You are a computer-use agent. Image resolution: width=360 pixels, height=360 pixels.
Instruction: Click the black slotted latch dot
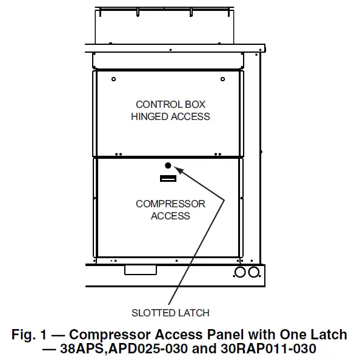click(168, 165)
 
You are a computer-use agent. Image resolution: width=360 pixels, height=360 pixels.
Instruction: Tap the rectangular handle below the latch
click(168, 178)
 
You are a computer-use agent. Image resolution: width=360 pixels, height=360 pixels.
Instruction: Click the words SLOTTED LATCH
click(170, 313)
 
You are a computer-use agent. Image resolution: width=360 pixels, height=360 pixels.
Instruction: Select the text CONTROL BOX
click(170, 105)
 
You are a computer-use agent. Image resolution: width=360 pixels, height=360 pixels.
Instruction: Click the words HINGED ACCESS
click(170, 116)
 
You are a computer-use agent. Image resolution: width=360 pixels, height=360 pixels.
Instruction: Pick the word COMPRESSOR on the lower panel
click(170, 204)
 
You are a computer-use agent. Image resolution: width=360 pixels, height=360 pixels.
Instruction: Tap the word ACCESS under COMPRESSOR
click(170, 216)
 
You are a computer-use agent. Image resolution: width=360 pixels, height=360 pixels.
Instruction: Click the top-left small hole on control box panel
click(115, 79)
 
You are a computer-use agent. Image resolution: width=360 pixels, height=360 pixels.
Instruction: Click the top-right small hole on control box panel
click(223, 79)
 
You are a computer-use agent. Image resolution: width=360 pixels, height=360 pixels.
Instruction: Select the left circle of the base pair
click(240, 272)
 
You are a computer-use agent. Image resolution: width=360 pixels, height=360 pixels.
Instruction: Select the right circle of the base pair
click(254, 272)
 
